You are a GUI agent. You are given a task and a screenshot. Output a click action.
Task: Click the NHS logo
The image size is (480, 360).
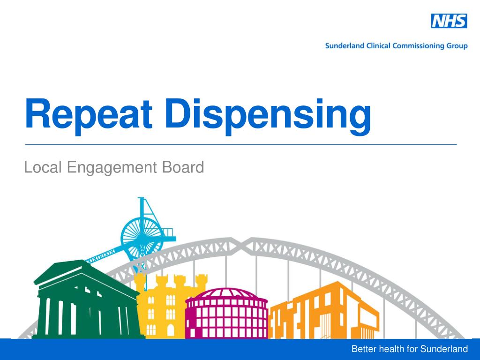[x=449, y=21]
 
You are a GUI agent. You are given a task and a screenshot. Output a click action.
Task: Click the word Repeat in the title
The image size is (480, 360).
[x=89, y=114]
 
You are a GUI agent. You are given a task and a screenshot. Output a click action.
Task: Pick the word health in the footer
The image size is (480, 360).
[x=391, y=349]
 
